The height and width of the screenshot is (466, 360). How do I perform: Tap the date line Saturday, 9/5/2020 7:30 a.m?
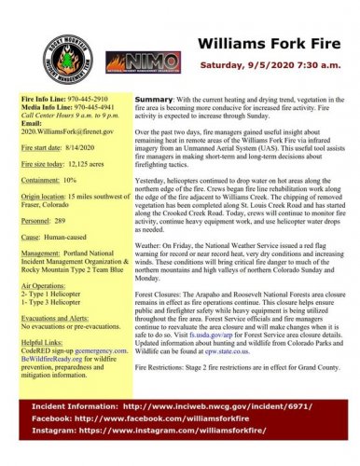273,65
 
